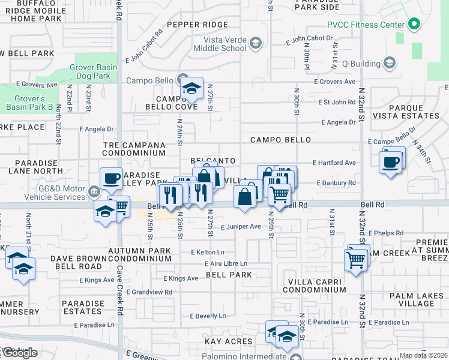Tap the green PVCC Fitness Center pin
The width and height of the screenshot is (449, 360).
(x=412, y=25)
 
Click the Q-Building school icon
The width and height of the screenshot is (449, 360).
(x=389, y=64)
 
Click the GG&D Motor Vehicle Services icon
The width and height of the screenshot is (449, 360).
(x=93, y=192)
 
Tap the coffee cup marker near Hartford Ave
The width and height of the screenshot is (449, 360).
(x=390, y=161)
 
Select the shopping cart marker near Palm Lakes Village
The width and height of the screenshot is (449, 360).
(x=355, y=260)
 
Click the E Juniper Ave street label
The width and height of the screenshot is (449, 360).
(x=241, y=227)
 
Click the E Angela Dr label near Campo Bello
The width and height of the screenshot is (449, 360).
(x=339, y=122)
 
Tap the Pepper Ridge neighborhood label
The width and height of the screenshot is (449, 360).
(x=197, y=25)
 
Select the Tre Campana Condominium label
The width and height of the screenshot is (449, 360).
(x=133, y=149)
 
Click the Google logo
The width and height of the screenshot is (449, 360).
(x=20, y=353)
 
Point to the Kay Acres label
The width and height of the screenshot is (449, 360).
(x=228, y=341)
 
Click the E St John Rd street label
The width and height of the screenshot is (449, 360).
(x=337, y=103)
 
